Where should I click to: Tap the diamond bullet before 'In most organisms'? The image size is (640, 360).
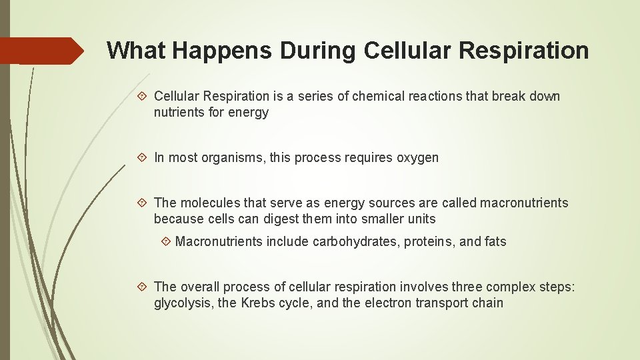(x=145, y=158)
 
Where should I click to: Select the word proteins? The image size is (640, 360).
(x=428, y=242)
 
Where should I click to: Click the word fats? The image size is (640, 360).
(x=494, y=242)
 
